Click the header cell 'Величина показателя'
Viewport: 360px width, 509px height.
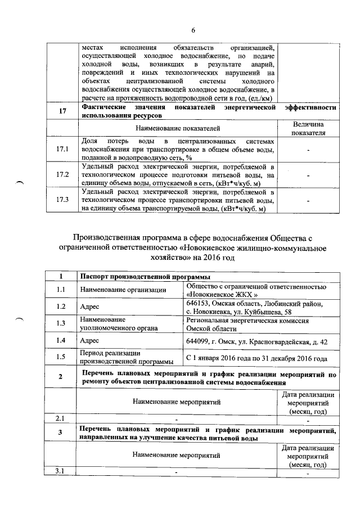pos(309,128)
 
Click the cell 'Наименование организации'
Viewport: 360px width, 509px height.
pos(123,290)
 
